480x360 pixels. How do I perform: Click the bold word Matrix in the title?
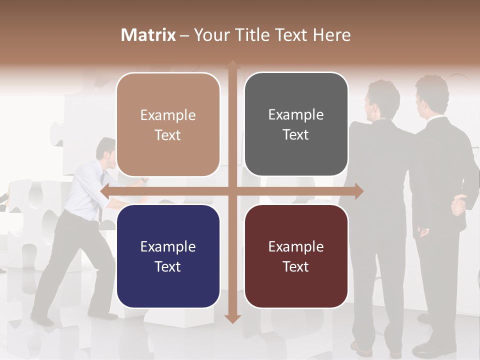click(x=148, y=35)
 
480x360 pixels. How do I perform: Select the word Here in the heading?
click(x=331, y=35)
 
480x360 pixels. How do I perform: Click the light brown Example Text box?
click(x=168, y=124)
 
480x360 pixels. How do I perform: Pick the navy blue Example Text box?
click(x=168, y=256)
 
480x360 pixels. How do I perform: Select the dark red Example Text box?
click(x=296, y=256)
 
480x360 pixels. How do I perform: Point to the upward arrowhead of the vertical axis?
click(x=232, y=64)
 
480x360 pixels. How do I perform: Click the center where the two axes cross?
click(x=232, y=191)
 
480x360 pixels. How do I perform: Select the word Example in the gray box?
click(x=296, y=114)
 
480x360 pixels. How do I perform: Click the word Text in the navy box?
click(x=168, y=266)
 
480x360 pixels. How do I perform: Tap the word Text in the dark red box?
click(x=296, y=266)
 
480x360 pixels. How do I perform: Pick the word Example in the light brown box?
click(x=168, y=115)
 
